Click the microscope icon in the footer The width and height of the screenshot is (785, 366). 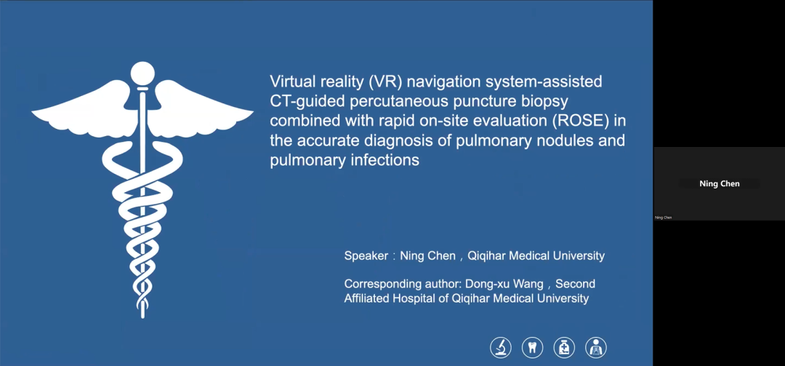coord(501,348)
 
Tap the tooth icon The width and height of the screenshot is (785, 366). coord(532,348)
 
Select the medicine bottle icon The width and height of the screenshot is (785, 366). coord(564,348)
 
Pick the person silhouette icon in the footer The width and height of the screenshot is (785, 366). coord(596,348)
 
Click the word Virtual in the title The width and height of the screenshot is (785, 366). coord(292,81)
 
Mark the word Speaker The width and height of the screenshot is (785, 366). coord(366,256)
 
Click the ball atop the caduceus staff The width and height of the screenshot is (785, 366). coord(142,73)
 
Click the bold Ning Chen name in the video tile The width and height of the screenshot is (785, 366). coord(720,184)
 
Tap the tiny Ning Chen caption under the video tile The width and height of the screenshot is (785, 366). coord(664,218)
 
